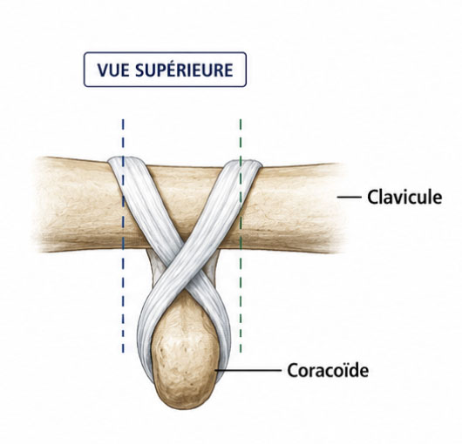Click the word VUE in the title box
[113, 70]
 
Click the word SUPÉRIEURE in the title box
[184, 69]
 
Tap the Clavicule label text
[404, 197]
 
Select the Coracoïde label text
[328, 370]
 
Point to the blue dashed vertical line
[123, 236]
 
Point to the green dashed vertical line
[241, 236]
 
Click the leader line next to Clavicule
[350, 197]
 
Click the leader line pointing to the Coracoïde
[248, 370]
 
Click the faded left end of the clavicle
[40, 205]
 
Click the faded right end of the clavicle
[339, 207]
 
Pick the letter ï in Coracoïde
[344, 370]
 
